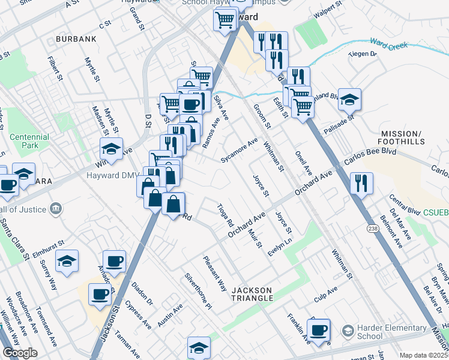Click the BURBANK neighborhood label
click(76, 39)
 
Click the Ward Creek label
click(389, 45)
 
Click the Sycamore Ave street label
click(239, 151)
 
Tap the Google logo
click(20, 352)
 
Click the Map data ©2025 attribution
click(423, 355)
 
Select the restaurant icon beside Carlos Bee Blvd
click(361, 182)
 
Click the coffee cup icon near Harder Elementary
click(318, 329)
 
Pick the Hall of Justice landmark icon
click(56, 208)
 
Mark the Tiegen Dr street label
click(364, 54)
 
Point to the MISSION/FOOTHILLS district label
click(402, 137)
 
